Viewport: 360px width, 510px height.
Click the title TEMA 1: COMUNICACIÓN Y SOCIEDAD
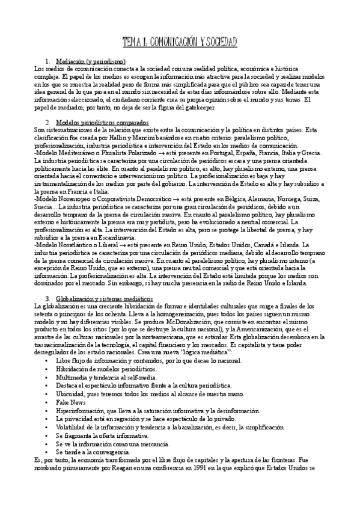180,41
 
